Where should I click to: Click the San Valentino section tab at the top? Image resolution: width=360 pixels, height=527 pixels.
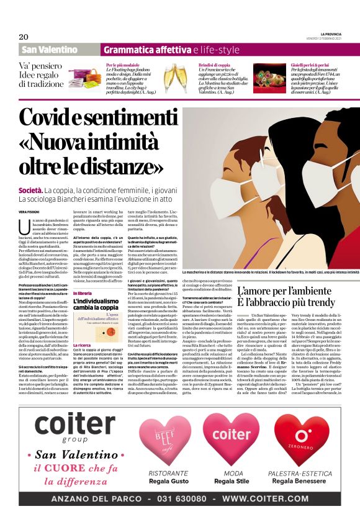click(49, 50)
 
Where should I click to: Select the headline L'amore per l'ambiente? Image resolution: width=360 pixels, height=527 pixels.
click(287, 291)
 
